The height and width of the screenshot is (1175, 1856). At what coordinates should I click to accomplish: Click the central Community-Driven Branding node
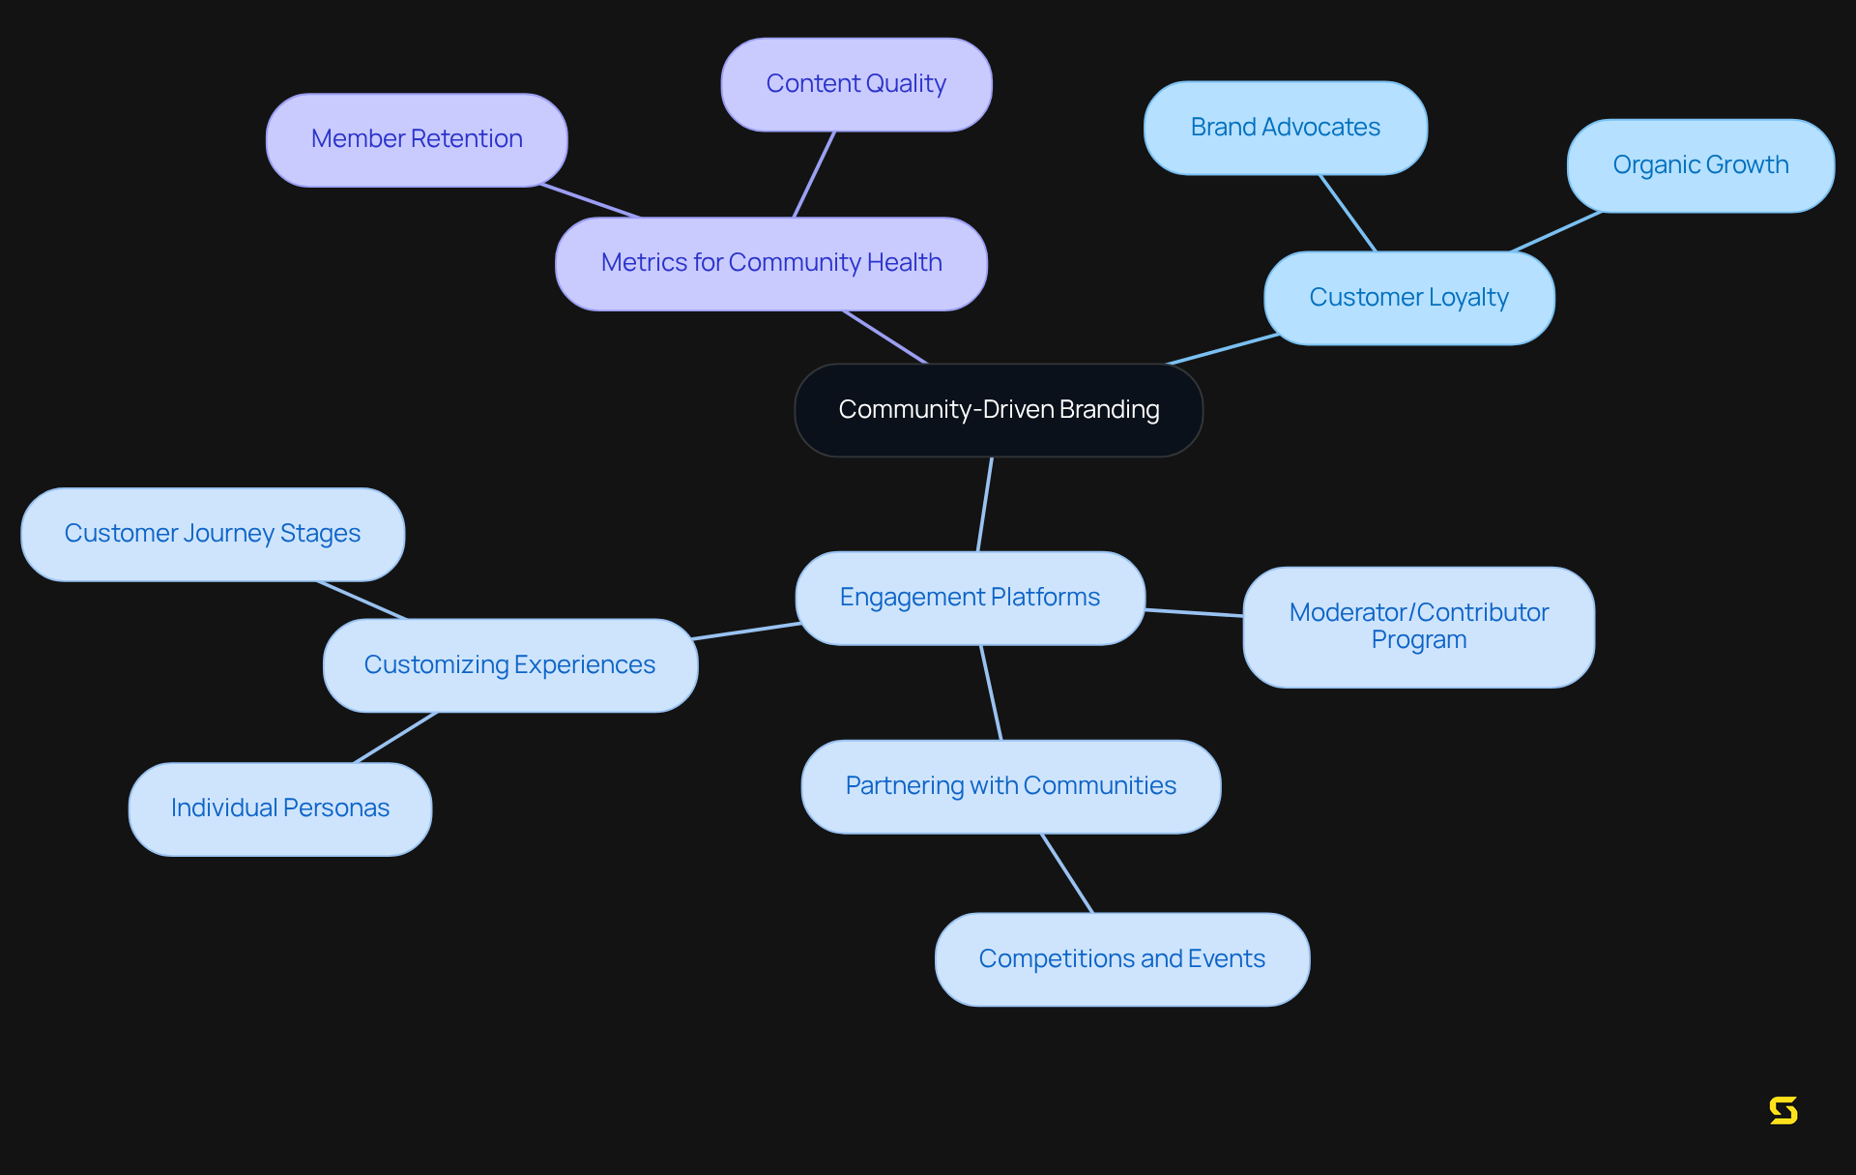[x=999, y=410]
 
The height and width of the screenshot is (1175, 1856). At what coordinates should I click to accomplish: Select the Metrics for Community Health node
[x=770, y=263]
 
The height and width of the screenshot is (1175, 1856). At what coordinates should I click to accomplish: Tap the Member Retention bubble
[x=417, y=139]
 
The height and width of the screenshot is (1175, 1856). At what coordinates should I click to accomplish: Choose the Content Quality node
[x=855, y=84]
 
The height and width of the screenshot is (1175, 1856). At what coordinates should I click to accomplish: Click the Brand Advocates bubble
[x=1285, y=128]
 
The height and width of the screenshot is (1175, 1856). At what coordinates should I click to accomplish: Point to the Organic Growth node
[x=1699, y=165]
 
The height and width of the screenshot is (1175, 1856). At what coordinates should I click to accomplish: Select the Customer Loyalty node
[x=1408, y=298]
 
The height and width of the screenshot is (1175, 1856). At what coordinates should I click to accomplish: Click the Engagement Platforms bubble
[x=970, y=598]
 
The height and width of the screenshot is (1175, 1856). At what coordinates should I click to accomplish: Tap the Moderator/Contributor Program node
[x=1418, y=627]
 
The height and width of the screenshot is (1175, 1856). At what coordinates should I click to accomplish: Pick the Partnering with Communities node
[x=1010, y=786]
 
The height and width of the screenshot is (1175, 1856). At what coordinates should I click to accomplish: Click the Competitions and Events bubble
[x=1121, y=959]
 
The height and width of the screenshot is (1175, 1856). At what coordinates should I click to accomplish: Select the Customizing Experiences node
[x=509, y=665]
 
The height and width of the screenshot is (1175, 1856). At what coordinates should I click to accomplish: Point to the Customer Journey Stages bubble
[x=212, y=534]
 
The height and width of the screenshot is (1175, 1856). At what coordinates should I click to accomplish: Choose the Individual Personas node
[x=279, y=808]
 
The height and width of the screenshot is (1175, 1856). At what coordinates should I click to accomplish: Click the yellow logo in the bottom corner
[x=1783, y=1110]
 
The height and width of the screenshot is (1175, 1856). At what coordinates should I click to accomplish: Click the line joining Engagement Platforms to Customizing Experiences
[x=746, y=632]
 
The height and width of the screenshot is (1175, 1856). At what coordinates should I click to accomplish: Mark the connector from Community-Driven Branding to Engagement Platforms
[x=985, y=504]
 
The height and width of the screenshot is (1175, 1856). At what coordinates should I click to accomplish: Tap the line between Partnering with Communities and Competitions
[x=1067, y=873]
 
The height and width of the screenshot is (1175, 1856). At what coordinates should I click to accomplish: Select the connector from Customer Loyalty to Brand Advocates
[x=1348, y=213]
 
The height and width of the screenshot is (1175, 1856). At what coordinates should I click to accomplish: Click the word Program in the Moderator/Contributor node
[x=1418, y=640]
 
